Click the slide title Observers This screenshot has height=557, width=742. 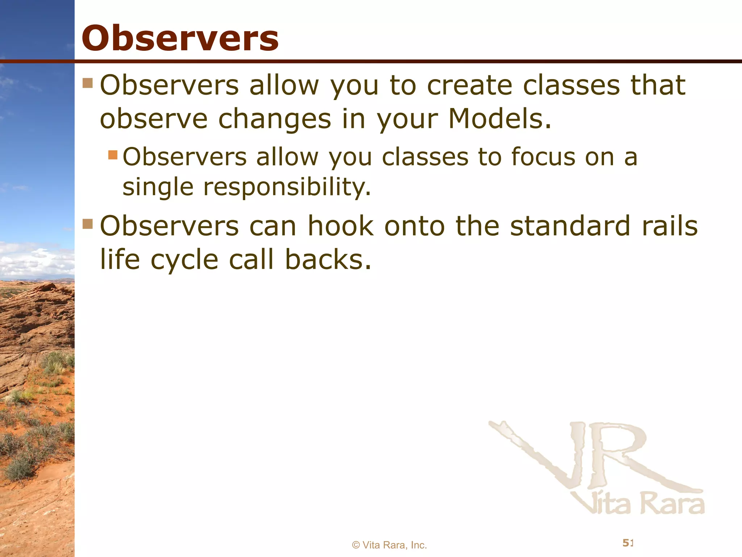pyautogui.click(x=180, y=38)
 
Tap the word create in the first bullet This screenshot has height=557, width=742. pyautogui.click(x=469, y=86)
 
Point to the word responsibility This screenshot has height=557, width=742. pyautogui.click(x=287, y=187)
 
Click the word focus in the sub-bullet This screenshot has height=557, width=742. pyautogui.click(x=543, y=157)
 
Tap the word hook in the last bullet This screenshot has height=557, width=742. pyautogui.click(x=341, y=226)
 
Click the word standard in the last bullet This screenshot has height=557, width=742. pyautogui.click(x=570, y=226)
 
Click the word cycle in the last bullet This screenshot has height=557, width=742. pyautogui.click(x=184, y=260)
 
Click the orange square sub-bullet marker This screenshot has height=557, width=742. pyautogui.click(x=113, y=155)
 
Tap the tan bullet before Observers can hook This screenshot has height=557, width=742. pyautogui.click(x=88, y=224)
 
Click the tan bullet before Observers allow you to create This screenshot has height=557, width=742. pyautogui.click(x=88, y=83)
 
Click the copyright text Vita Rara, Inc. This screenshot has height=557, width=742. pyautogui.click(x=389, y=545)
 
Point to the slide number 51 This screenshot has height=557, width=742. pyautogui.click(x=628, y=543)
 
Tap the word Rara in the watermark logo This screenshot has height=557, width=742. pyautogui.click(x=672, y=504)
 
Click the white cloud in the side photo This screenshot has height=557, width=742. pyautogui.click(x=36, y=259)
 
